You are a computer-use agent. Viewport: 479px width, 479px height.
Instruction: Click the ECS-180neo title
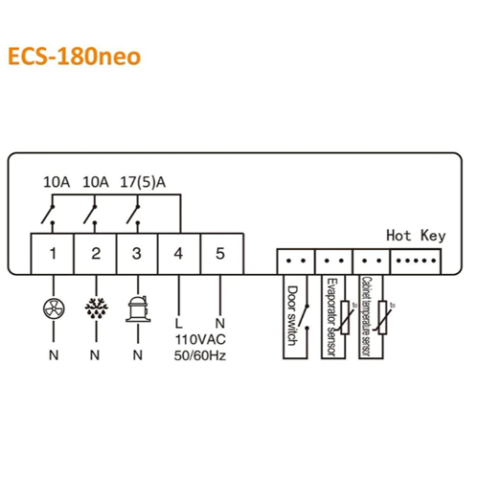[74, 57]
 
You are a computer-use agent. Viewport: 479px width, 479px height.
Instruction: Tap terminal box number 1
[53, 254]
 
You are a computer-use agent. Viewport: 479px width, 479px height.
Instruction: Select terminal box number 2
[96, 254]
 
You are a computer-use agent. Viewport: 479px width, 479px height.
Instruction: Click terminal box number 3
[137, 254]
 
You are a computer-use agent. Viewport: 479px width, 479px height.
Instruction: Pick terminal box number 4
[179, 254]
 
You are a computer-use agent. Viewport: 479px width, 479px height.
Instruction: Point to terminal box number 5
[222, 254]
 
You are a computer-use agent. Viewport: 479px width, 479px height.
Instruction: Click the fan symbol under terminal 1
[54, 308]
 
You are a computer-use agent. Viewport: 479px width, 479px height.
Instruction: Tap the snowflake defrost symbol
[96, 308]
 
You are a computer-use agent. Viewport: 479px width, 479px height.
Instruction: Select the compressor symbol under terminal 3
[138, 309]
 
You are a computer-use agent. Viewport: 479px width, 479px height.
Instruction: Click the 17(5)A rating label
[143, 182]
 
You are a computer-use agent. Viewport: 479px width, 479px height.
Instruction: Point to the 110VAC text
[200, 339]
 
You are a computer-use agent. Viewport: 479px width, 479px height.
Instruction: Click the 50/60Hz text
[200, 355]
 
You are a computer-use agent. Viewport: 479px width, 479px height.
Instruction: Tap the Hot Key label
[416, 236]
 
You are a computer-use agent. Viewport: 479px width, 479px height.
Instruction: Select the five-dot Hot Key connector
[416, 262]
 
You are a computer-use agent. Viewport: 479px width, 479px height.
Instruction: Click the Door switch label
[292, 315]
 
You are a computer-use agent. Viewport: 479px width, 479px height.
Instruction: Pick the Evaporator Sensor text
[331, 317]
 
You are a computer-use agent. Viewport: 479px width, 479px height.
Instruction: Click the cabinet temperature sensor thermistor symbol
[383, 317]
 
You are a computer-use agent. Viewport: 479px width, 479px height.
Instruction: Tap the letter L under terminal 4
[179, 323]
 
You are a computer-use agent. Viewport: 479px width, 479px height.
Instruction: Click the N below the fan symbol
[54, 355]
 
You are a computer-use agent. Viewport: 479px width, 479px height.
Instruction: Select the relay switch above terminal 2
[90, 215]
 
